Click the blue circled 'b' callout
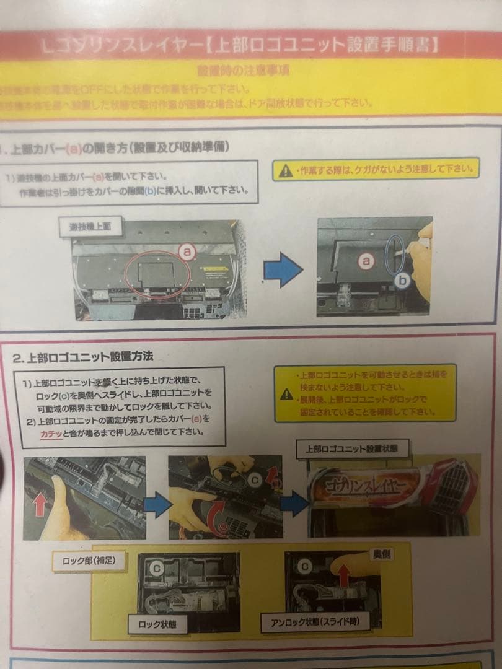tap(403, 281)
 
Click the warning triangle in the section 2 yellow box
tap(286, 393)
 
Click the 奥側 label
tap(381, 554)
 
